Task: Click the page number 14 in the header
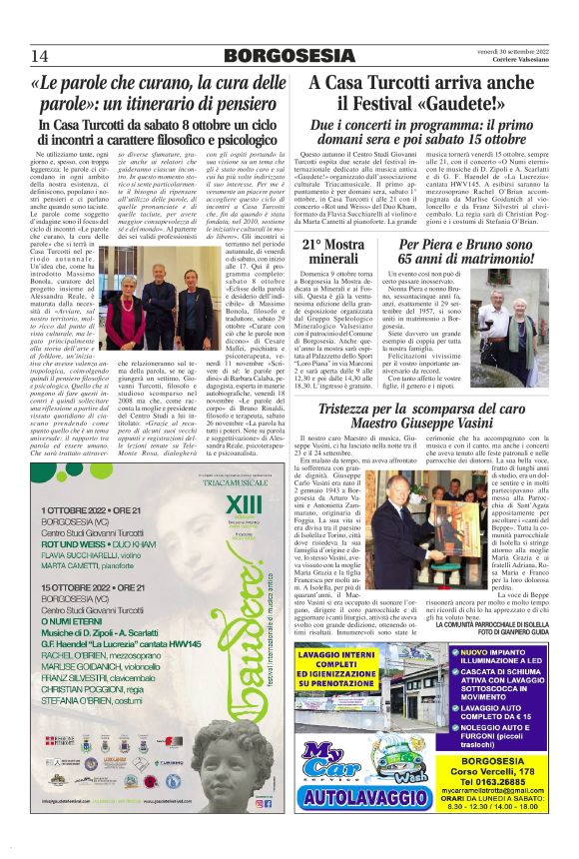tap(41, 53)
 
